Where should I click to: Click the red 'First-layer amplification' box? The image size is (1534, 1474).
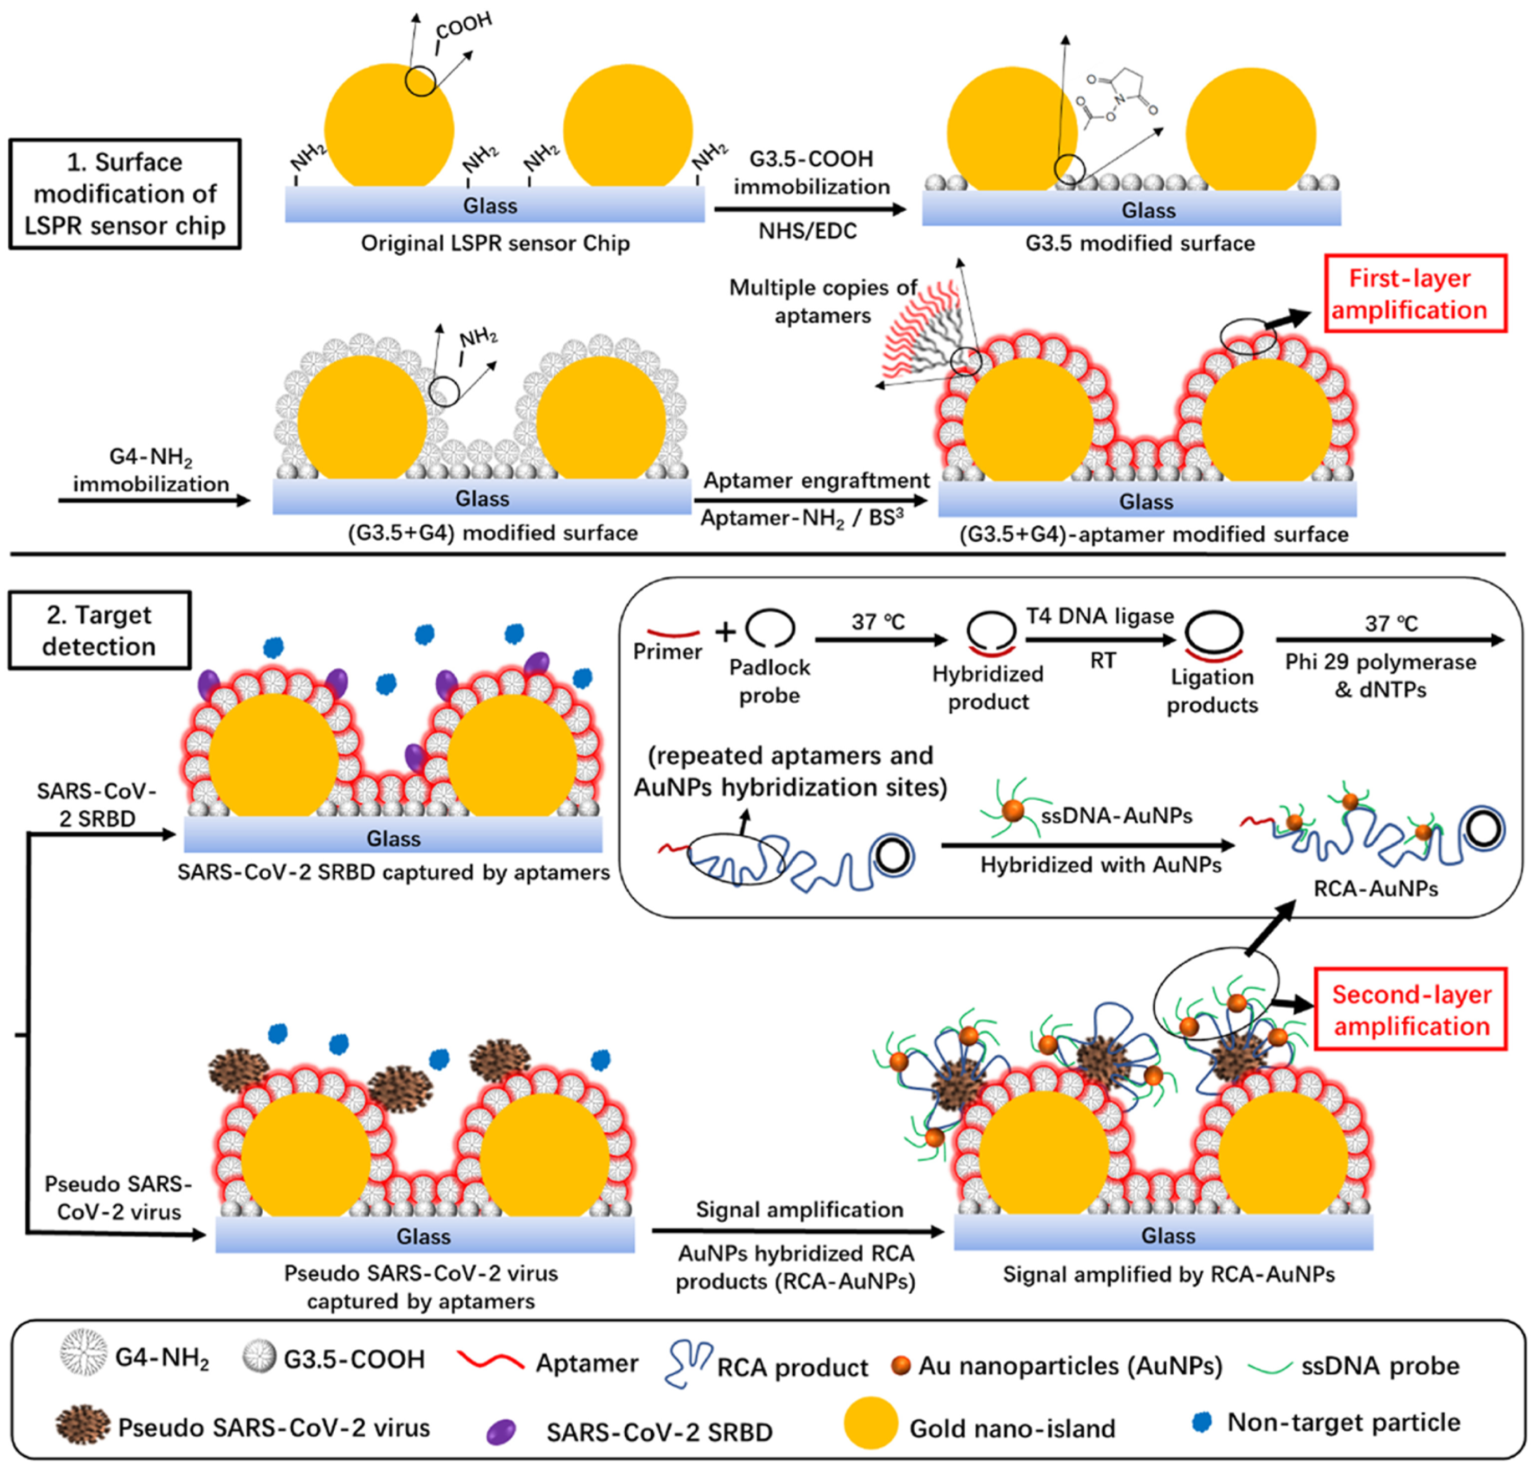pyautogui.click(x=1414, y=293)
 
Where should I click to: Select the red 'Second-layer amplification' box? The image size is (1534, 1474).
pyautogui.click(x=1410, y=1010)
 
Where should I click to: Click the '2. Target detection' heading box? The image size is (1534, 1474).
pyautogui.click(x=99, y=630)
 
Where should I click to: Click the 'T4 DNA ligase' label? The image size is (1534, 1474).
pyautogui.click(x=1099, y=616)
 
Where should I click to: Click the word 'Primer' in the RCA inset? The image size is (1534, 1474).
pyautogui.click(x=667, y=651)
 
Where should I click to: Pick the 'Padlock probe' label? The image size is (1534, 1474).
pyautogui.click(x=769, y=681)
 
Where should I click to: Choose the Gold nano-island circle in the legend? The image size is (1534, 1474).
pyautogui.click(x=870, y=1422)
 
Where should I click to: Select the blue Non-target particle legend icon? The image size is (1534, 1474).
pyautogui.click(x=1201, y=1421)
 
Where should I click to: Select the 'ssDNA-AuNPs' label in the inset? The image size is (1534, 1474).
pyautogui.click(x=1116, y=816)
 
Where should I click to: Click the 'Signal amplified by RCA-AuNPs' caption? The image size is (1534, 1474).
pyautogui.click(x=1169, y=1275)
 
